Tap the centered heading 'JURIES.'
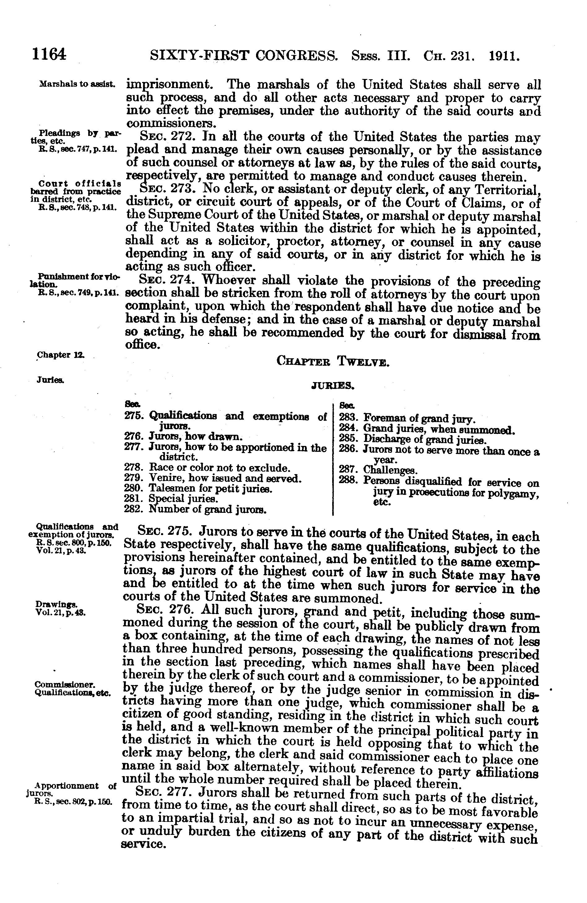333,386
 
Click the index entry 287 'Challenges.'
390,471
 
